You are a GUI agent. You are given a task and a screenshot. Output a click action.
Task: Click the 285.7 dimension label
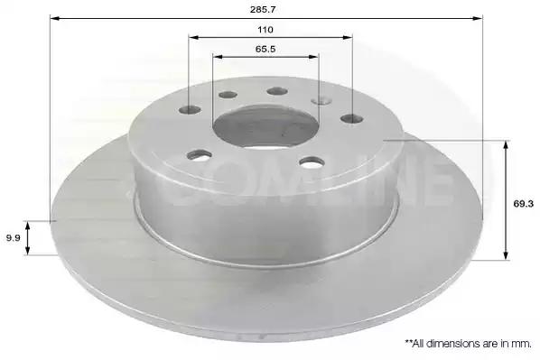pos(263,9)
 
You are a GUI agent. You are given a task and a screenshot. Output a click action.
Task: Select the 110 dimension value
pos(265,30)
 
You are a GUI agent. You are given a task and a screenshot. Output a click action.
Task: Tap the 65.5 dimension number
pos(265,49)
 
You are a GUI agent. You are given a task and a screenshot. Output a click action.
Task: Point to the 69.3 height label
pos(523,203)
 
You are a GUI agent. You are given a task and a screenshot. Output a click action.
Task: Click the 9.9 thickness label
pos(14,238)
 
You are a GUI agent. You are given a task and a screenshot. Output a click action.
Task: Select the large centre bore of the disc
pos(265,126)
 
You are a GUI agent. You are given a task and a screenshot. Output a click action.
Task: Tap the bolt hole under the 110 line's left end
pos(190,110)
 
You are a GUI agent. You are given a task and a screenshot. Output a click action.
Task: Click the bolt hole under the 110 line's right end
pos(351,119)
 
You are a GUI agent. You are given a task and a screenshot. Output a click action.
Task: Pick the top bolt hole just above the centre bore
pos(277,91)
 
